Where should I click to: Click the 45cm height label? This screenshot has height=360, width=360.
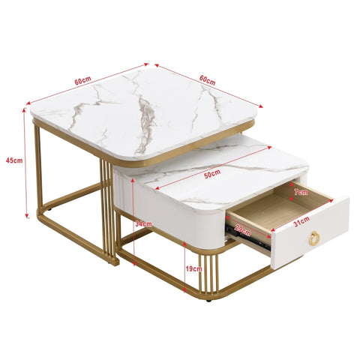[13, 160]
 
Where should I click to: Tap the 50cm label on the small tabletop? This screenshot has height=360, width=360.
[212, 173]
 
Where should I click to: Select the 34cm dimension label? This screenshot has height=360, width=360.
[143, 223]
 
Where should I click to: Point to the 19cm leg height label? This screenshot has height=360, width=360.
[193, 268]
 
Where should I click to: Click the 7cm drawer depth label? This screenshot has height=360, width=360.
[301, 192]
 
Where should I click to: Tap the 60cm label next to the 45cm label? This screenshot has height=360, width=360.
[83, 80]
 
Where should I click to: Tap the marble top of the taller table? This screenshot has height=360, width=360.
[142, 112]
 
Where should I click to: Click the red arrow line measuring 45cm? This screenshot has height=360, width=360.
[25, 161]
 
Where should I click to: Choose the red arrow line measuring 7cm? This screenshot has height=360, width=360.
[292, 193]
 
